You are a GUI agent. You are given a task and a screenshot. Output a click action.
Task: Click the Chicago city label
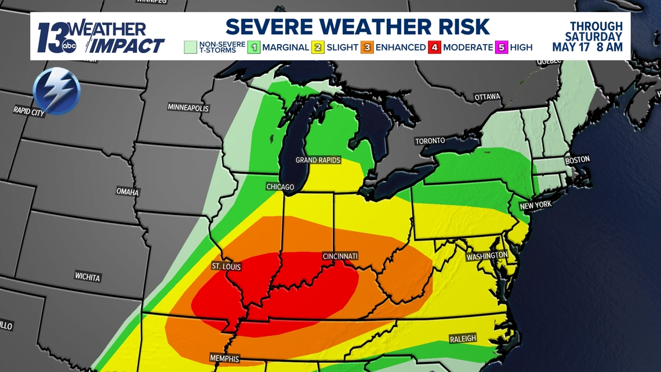(x=280, y=187)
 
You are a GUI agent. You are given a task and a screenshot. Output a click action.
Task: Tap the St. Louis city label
(x=226, y=267)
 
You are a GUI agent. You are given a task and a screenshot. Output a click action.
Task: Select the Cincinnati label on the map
(x=340, y=256)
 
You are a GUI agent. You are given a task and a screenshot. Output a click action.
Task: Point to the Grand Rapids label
(x=318, y=160)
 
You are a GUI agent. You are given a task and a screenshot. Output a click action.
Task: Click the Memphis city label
(x=224, y=358)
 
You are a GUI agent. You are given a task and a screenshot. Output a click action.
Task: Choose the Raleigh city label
(x=463, y=339)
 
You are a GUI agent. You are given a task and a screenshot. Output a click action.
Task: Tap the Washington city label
(x=487, y=256)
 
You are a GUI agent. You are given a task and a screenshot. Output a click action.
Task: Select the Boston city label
(x=577, y=160)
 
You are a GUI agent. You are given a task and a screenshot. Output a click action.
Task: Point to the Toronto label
(x=430, y=141)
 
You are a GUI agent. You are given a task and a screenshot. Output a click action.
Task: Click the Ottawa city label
(x=487, y=97)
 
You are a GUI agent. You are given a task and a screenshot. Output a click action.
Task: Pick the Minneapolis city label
(x=188, y=107)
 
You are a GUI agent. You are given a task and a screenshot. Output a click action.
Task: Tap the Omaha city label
(x=128, y=192)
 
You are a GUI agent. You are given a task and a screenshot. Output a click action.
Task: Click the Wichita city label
(x=88, y=277)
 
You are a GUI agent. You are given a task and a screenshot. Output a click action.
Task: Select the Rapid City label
(x=29, y=111)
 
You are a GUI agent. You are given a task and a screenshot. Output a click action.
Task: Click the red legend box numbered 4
(x=434, y=48)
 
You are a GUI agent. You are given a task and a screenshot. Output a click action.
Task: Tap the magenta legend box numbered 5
(x=502, y=48)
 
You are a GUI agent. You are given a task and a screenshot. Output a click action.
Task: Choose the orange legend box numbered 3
(x=366, y=48)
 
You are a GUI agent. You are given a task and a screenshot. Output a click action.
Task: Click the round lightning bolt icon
(x=56, y=91)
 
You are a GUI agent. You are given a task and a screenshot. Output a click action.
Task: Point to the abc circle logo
(x=69, y=47)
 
